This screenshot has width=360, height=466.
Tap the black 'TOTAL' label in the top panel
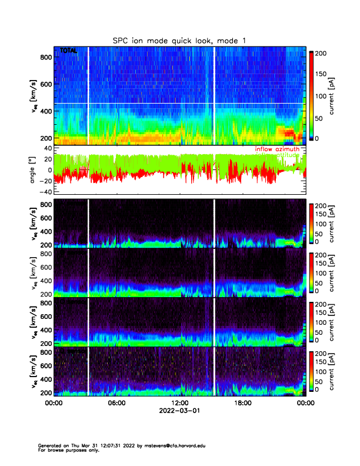point(68,51)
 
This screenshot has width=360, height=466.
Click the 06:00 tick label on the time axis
point(116,403)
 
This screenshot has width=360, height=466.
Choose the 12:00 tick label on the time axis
point(179,403)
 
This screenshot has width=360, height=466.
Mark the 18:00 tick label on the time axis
point(242,403)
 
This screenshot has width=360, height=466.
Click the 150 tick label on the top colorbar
point(321,75)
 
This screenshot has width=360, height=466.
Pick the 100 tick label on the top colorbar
point(321,96)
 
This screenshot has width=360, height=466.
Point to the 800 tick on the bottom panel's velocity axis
point(44,352)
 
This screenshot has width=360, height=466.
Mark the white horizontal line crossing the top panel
point(176,104)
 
